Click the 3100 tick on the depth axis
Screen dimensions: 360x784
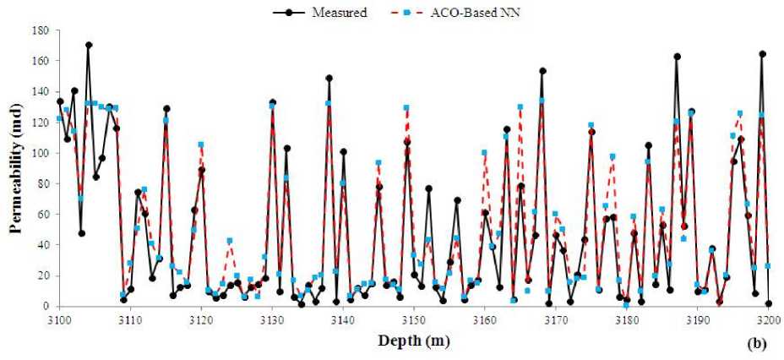(58, 319)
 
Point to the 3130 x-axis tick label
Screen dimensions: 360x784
(272, 319)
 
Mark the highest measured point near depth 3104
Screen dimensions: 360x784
(89, 45)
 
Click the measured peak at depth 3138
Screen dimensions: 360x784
(329, 78)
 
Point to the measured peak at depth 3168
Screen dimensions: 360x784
(542, 71)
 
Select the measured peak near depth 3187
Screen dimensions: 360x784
(677, 57)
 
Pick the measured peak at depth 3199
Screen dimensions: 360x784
(762, 54)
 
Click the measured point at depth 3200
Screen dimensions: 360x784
(769, 303)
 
